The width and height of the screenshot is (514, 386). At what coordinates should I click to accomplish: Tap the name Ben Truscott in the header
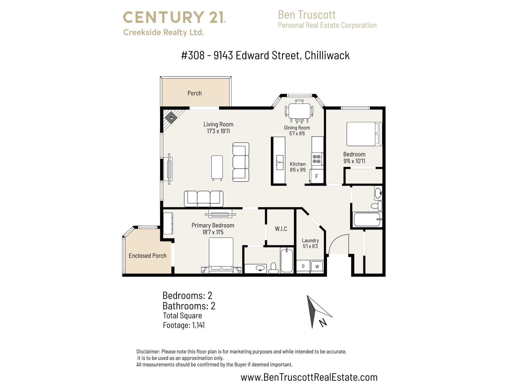[x=306, y=15]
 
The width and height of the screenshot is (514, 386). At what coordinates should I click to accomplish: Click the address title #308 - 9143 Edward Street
[x=265, y=55]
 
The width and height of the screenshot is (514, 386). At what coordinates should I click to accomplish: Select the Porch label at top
[x=194, y=93]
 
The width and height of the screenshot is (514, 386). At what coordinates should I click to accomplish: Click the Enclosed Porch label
[x=147, y=256]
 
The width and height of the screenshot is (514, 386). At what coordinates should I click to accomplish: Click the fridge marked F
[x=316, y=176]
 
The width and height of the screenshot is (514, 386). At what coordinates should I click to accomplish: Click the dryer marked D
[x=303, y=266]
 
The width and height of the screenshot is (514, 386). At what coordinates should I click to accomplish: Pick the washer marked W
[x=317, y=266]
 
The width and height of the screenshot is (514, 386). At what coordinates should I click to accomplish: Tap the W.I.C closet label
[x=281, y=229]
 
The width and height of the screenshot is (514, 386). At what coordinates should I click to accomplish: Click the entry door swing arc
[x=339, y=244]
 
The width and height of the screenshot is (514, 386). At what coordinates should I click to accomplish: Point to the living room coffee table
[x=217, y=168]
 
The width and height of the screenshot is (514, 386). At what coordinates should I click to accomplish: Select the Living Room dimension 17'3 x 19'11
[x=218, y=131]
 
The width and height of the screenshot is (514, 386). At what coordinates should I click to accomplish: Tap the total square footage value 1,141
[x=198, y=325]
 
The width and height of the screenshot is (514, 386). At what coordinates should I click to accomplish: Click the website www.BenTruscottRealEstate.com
[x=309, y=377]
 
